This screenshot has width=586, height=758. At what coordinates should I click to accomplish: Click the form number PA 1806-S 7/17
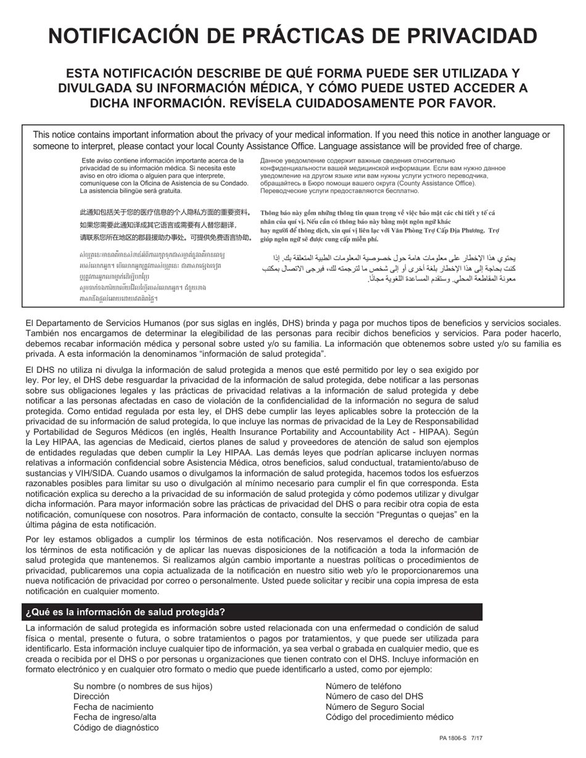(x=461, y=738)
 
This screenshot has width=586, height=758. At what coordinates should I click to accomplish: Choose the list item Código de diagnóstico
(x=116, y=727)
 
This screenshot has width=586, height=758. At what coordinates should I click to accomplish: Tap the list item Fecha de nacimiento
(x=113, y=706)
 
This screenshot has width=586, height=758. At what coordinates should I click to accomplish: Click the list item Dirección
(x=91, y=696)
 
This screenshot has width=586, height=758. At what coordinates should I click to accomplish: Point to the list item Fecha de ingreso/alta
(x=115, y=717)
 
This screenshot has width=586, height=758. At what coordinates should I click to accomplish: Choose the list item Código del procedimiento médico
(x=389, y=717)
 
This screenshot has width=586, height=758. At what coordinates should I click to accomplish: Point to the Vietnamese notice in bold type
(x=379, y=226)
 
